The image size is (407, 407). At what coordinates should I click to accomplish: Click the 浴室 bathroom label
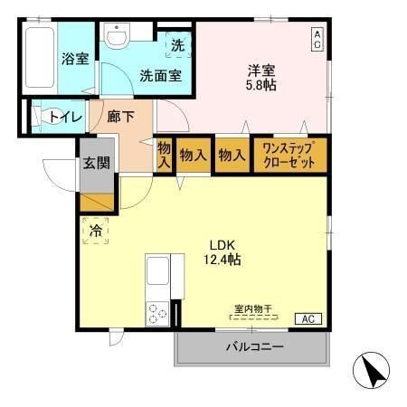74,60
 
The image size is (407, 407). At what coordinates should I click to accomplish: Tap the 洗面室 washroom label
160,76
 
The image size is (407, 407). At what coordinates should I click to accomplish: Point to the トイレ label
65,117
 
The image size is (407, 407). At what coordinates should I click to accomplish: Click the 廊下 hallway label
120,117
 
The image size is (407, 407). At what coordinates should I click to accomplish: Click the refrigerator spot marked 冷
95,232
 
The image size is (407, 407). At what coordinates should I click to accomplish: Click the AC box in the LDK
308,318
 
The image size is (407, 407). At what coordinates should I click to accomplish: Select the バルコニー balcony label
254,347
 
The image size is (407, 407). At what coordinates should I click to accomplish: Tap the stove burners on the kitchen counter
156,312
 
